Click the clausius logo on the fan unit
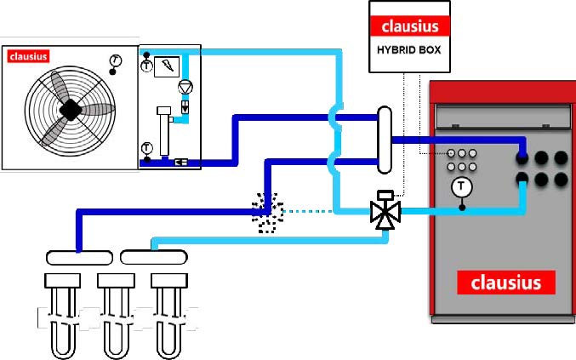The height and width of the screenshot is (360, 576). (x=28, y=57)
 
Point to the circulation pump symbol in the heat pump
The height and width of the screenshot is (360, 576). (x=185, y=88)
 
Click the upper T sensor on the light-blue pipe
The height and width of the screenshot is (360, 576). (x=146, y=65)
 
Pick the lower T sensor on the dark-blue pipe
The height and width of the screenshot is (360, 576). (x=146, y=148)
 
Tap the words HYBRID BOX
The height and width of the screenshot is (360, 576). (x=410, y=49)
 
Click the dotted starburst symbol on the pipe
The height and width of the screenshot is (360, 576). (x=269, y=211)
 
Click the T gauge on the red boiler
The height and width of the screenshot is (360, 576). (x=461, y=185)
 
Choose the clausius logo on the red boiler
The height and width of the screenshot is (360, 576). (x=506, y=282)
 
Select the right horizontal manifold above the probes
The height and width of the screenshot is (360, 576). (x=154, y=256)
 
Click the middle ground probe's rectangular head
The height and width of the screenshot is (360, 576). (x=115, y=280)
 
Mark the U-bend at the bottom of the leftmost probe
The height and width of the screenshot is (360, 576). (x=62, y=349)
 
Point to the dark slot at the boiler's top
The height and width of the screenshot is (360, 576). (x=501, y=108)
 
